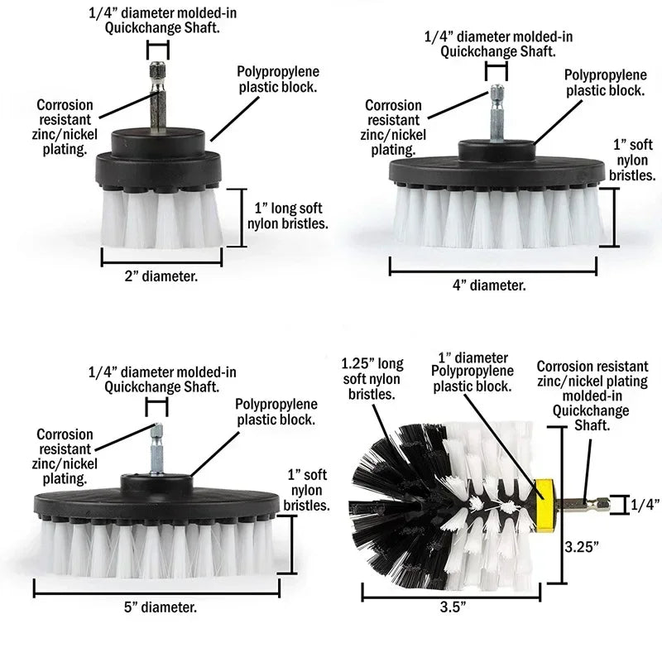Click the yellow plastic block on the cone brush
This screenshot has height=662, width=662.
click(x=545, y=501)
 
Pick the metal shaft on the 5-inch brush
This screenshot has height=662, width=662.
click(x=155, y=451)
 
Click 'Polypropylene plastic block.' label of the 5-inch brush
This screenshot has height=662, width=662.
click(x=275, y=411)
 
